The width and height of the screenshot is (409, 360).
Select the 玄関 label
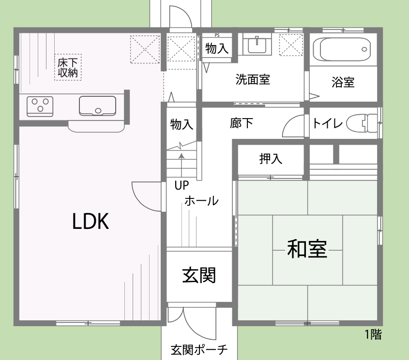pos(199,275)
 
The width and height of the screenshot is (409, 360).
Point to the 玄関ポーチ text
pos(199,350)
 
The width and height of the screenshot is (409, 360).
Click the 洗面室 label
pos(253,79)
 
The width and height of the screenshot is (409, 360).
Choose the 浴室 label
pos(343,82)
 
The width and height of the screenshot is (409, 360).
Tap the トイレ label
pos(328,123)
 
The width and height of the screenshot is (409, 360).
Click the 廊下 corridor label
pos(242,123)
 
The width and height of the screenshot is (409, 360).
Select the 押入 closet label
pos(271,158)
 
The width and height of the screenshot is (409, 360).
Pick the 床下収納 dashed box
pos(68,67)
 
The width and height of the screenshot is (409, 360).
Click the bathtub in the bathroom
pos(343,48)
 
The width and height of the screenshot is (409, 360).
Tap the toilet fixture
pos(363,122)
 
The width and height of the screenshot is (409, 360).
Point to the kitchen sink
pos(98,105)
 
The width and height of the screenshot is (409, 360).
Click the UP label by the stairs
pos(182,185)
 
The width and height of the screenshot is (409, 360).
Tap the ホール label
pos(201,201)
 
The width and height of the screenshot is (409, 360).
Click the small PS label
pos(216,35)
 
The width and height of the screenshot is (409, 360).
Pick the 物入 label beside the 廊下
pos(182,125)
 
